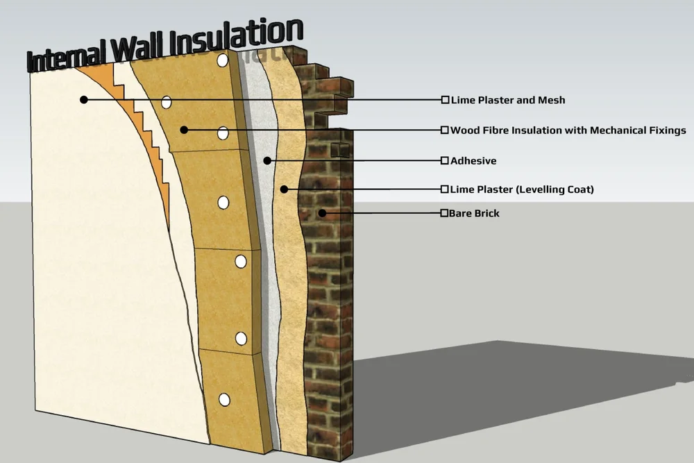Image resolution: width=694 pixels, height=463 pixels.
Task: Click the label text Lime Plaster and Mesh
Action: point(508,100)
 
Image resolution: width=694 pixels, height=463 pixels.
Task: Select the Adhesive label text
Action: point(473,161)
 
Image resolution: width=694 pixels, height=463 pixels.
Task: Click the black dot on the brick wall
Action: point(321,212)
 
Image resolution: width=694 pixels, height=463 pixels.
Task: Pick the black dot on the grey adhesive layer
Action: point(267,160)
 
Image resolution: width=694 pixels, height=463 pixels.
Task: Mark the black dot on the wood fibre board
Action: point(184,129)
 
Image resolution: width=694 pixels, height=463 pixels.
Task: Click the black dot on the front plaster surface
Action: point(84,100)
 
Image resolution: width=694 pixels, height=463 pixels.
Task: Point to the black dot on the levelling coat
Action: point(284,189)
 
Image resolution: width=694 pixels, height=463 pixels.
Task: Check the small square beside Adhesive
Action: point(445,161)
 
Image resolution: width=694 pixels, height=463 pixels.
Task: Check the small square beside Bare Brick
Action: point(444,213)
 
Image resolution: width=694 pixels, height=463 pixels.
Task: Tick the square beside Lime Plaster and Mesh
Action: point(445,100)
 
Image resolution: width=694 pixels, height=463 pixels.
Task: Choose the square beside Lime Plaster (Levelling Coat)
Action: point(445,189)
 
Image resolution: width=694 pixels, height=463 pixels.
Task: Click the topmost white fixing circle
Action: point(222,61)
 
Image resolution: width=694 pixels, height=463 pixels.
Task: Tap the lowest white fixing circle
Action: point(224,399)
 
